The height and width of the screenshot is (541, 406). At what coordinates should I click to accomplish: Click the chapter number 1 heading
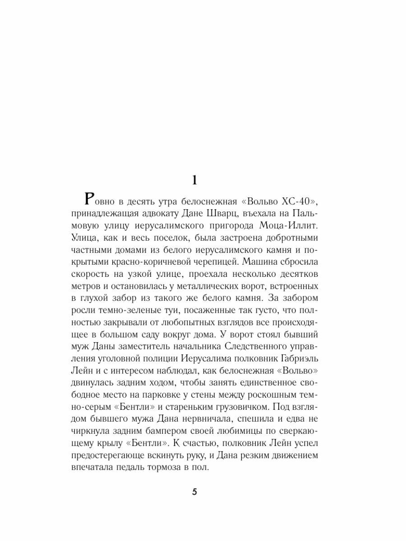194,180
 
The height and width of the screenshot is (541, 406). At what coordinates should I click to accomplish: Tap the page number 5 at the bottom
194,492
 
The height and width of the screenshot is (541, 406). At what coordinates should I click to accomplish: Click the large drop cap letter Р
90,200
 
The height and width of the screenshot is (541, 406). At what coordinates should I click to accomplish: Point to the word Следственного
262,347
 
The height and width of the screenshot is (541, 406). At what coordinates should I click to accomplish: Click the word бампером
174,432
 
